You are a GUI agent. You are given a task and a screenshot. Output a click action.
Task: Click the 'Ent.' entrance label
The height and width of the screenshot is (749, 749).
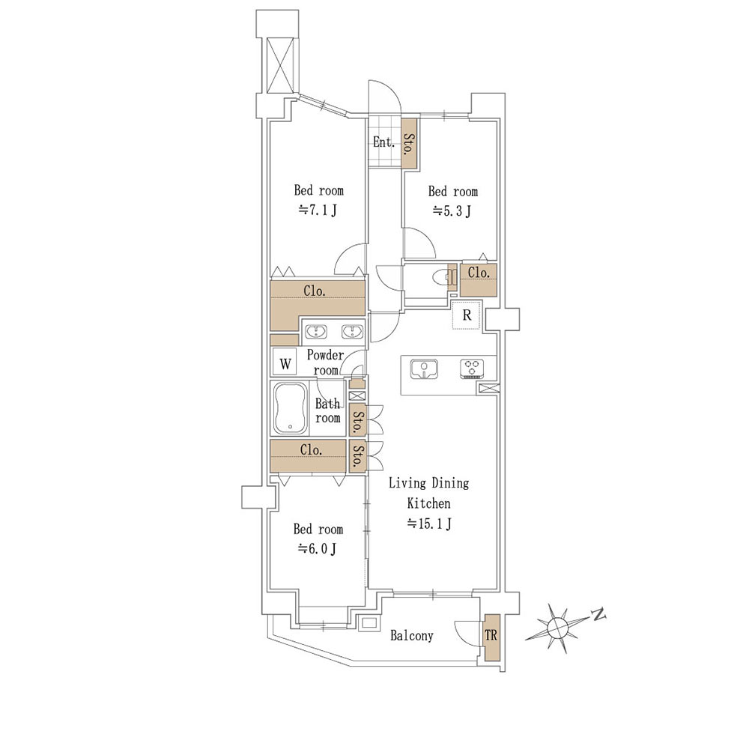tap(383, 142)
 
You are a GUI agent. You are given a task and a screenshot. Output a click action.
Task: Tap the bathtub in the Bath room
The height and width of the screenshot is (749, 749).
tap(290, 409)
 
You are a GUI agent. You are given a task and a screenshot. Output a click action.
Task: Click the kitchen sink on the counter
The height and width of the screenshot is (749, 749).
tap(424, 369)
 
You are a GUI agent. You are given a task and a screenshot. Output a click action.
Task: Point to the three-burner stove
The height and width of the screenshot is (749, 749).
tap(472, 369)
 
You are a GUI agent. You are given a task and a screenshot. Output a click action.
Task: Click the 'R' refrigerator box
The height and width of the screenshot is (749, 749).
tap(467, 315)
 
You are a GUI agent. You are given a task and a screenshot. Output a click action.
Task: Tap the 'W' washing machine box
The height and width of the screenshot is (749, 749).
tap(285, 363)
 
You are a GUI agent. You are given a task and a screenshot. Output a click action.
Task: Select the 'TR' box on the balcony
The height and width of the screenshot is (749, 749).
tap(491, 637)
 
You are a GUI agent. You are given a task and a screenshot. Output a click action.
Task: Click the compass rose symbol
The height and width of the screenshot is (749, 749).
tap(557, 628)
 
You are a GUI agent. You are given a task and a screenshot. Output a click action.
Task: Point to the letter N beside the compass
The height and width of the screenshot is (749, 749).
tap(598, 614)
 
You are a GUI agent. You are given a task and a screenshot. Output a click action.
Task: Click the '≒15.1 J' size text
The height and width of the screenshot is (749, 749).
tap(429, 524)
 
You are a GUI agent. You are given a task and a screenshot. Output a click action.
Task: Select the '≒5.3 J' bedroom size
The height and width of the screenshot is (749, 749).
tap(452, 210)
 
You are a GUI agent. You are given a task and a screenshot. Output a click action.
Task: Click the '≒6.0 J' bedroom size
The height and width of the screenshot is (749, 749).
tap(317, 549)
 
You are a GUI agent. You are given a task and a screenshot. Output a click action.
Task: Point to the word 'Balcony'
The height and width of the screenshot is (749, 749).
tap(412, 636)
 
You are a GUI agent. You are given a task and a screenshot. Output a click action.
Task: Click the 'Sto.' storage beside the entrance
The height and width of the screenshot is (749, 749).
tap(408, 143)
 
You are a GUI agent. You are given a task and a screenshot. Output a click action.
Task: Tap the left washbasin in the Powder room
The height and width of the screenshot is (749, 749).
tap(316, 332)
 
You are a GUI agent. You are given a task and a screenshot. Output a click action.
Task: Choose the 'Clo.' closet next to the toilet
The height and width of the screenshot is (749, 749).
tap(478, 280)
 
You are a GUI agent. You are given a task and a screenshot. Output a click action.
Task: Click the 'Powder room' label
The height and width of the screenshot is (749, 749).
tap(325, 362)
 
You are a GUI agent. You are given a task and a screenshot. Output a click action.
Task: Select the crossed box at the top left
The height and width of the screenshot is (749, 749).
tap(279, 65)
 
